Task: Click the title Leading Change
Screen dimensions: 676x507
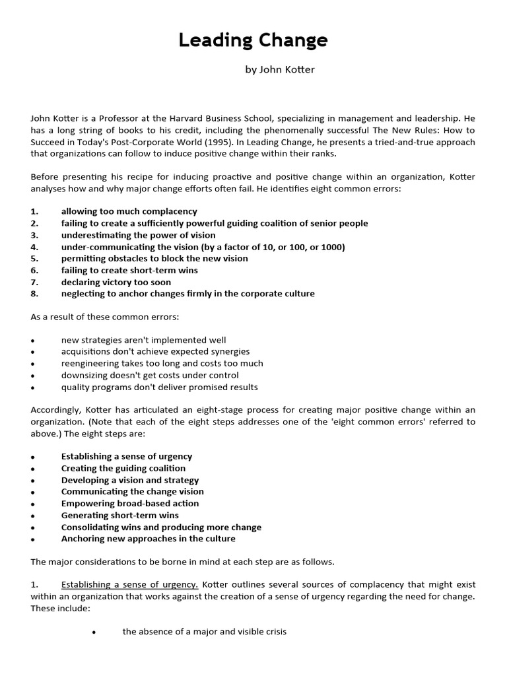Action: click(x=253, y=41)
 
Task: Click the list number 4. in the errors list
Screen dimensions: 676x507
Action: click(x=35, y=247)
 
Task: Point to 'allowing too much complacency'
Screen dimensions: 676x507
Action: click(x=129, y=211)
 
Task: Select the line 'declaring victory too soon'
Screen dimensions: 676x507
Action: click(x=116, y=282)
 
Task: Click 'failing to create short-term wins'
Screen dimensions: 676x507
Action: click(x=129, y=270)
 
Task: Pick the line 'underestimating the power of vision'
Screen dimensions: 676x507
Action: click(x=138, y=235)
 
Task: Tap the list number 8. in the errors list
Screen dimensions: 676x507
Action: click(x=35, y=294)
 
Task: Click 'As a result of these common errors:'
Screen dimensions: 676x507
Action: click(x=104, y=317)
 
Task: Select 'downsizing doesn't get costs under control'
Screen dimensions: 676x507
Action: click(x=150, y=375)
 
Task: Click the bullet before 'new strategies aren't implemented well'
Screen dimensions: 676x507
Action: click(x=32, y=341)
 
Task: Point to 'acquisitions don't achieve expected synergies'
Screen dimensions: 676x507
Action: click(x=155, y=351)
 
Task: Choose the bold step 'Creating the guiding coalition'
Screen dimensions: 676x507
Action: click(x=123, y=468)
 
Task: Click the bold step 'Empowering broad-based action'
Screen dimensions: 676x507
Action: click(x=130, y=503)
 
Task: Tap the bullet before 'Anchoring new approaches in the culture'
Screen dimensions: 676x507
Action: click(x=32, y=539)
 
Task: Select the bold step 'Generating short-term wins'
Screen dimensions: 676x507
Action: click(x=119, y=515)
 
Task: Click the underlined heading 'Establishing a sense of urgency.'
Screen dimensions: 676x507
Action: click(x=129, y=585)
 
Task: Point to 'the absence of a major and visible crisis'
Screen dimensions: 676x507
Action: click(x=204, y=632)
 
